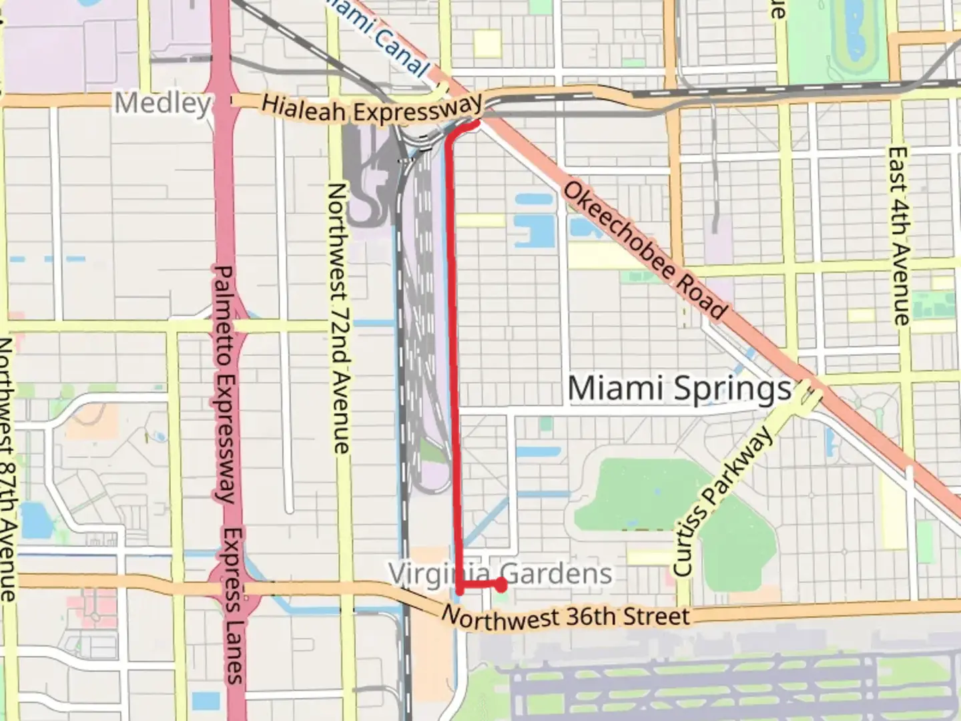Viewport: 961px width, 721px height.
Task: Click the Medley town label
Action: coord(162,103)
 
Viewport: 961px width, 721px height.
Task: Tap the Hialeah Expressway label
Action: coord(371,109)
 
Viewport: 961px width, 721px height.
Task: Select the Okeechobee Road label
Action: coord(645,250)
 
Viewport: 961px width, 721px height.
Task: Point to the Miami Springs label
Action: coord(679,389)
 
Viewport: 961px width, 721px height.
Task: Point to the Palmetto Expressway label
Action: coord(224,384)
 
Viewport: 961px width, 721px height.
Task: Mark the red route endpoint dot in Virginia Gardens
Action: coord(501,585)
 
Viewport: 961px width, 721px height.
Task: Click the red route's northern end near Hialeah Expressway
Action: coord(476,124)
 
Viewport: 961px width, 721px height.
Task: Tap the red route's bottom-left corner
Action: coord(460,589)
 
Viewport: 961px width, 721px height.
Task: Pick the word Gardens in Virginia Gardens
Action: coord(556,573)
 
